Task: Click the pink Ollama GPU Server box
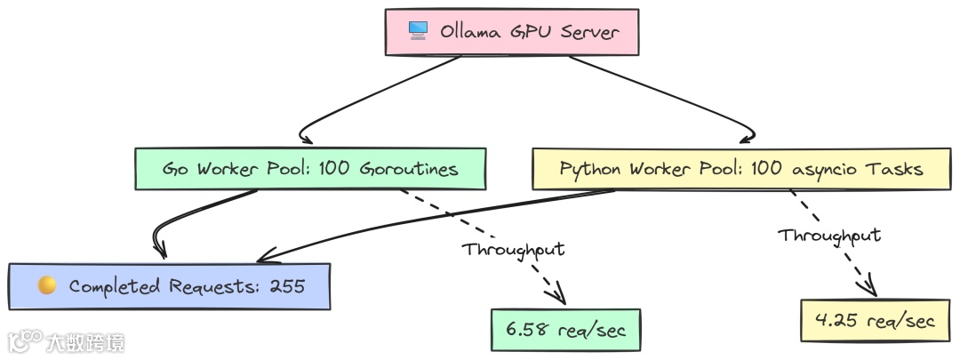pyautogui.click(x=511, y=32)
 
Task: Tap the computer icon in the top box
pyautogui.click(x=418, y=31)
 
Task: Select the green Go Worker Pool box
pyautogui.click(x=310, y=168)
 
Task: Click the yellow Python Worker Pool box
pyautogui.click(x=741, y=168)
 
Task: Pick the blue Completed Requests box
pyautogui.click(x=169, y=286)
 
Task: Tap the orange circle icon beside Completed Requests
pyautogui.click(x=47, y=286)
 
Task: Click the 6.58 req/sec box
pyautogui.click(x=565, y=330)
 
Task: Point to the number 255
pyautogui.click(x=285, y=286)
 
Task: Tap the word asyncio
pyautogui.click(x=837, y=168)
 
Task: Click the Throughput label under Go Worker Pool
pyautogui.click(x=514, y=249)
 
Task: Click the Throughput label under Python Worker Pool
pyautogui.click(x=829, y=235)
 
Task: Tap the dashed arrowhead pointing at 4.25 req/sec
pyautogui.click(x=868, y=286)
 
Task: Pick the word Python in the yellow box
pyautogui.click(x=590, y=168)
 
